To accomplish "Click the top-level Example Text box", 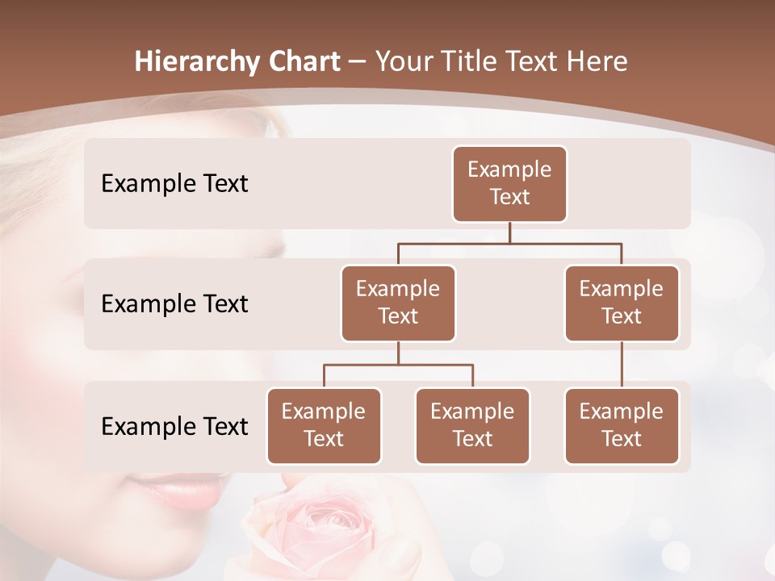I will [509, 184].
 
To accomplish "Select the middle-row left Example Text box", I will [398, 303].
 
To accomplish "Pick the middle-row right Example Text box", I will [622, 303].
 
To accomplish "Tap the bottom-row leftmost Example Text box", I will [324, 426].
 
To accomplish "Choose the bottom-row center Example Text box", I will [472, 426].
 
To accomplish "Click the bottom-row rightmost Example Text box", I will [622, 426].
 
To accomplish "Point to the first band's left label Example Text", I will [174, 184].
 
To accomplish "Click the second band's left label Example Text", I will [174, 304].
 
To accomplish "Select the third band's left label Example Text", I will [174, 426].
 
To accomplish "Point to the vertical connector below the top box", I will [509, 232].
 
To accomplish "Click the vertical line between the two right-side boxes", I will [622, 365].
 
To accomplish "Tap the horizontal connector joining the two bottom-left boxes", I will [398, 365].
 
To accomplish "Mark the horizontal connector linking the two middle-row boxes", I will [509, 243].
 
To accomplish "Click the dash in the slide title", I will [355, 62].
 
